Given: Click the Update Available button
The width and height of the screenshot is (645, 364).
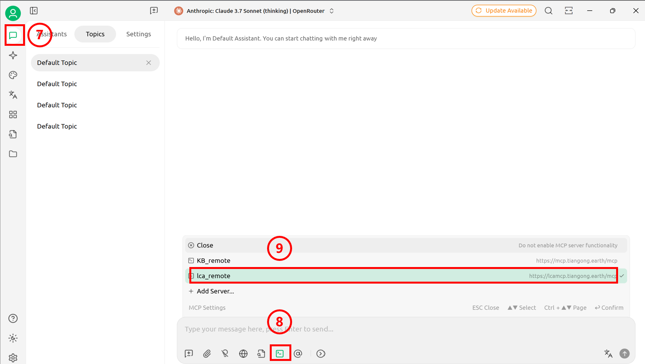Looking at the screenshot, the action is [504, 11].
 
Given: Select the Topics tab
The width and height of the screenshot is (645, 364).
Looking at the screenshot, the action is [95, 34].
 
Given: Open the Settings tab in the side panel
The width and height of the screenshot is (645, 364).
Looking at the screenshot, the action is [139, 34].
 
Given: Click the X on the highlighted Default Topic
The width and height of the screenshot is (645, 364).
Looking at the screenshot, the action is [149, 62].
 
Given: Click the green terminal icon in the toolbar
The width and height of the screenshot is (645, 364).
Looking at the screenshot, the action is [280, 353].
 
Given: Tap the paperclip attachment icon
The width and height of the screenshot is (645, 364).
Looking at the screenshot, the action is [207, 353].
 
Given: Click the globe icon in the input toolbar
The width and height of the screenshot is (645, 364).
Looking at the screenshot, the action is [243, 353].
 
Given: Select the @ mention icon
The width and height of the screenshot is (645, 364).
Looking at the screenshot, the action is [298, 353].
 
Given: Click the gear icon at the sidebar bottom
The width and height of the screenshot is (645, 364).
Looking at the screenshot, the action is [13, 358].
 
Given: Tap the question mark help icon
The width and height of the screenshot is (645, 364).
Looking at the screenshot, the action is [13, 319].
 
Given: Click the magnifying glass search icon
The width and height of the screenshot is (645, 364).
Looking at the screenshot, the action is [548, 11].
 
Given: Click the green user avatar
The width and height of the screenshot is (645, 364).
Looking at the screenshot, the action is [13, 13].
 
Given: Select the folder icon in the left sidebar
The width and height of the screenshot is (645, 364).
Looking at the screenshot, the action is [13, 154].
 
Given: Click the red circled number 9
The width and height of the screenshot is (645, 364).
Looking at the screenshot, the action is [279, 248].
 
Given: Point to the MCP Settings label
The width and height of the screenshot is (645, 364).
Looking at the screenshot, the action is [207, 307].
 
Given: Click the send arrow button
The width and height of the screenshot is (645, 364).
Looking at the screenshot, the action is [625, 353].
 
